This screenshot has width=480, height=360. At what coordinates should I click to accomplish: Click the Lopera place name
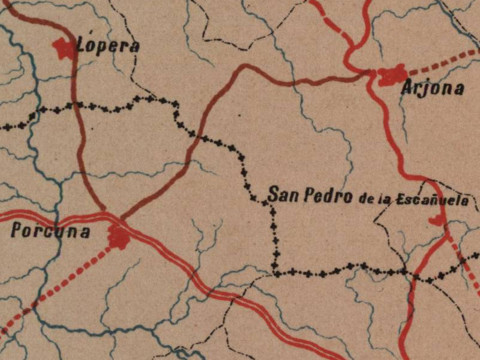tap(109, 46)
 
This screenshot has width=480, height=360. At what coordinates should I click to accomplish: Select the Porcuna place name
tap(50, 232)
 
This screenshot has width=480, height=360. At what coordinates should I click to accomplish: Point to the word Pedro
tap(328, 196)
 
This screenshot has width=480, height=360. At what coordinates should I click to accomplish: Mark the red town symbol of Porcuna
tap(118, 237)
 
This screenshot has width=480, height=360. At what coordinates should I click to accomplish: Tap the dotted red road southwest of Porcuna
tap(60, 283)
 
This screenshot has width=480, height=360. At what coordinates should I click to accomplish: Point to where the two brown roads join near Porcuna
tap(114, 217)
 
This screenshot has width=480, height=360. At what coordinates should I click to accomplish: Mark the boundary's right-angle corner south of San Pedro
tap(275, 273)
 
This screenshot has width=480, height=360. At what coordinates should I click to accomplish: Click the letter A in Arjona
tap(407, 89)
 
